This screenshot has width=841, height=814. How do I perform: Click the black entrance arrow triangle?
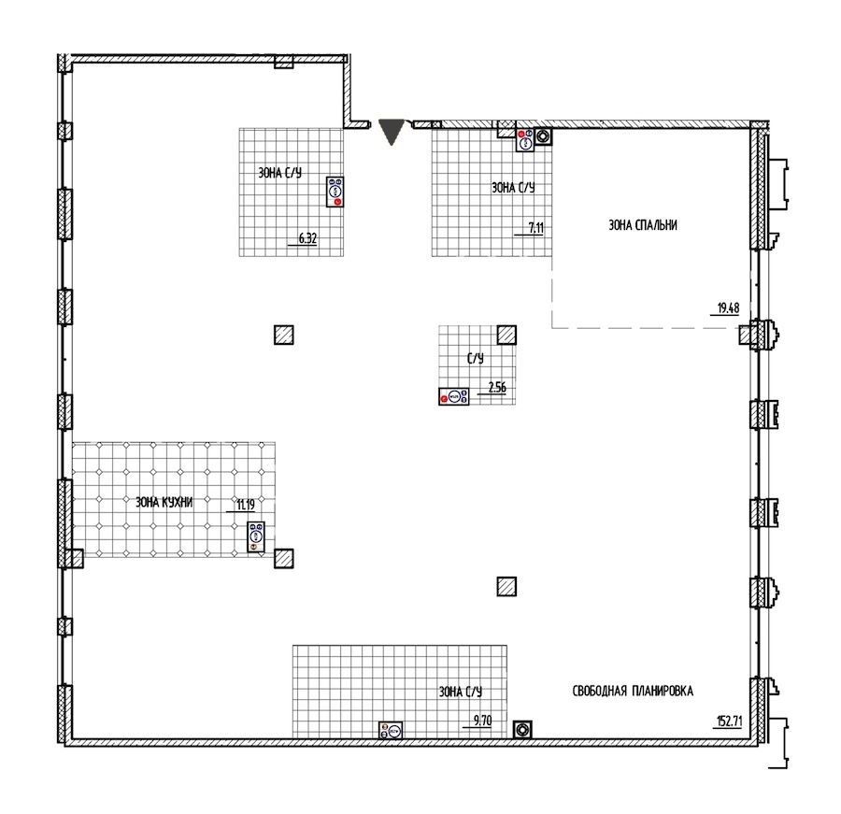[x=391, y=132]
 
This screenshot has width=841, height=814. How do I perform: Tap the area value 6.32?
[x=307, y=239]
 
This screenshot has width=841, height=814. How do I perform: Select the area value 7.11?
[x=535, y=228]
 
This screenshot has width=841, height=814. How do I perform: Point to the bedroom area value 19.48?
[x=728, y=308]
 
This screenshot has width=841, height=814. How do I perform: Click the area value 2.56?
[x=497, y=387]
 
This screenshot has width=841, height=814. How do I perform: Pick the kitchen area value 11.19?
[x=246, y=505]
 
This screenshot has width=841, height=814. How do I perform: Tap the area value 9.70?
[x=483, y=721]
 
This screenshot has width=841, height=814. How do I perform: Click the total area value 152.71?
[x=730, y=721]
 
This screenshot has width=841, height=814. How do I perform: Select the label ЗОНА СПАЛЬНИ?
[x=643, y=225]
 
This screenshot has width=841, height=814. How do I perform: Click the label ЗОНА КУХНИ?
[x=164, y=502]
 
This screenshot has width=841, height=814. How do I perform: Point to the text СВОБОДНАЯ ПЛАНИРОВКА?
[x=633, y=691]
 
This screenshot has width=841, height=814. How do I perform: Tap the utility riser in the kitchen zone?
[x=256, y=536]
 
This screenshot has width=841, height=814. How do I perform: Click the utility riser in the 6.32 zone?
[x=335, y=192]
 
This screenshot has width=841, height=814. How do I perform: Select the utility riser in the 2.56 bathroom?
[x=454, y=396]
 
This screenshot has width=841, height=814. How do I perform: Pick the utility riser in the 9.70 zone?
[x=391, y=730]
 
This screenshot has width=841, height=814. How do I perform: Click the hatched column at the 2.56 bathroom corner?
[x=506, y=335]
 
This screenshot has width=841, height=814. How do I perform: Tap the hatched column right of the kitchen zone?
[x=284, y=559]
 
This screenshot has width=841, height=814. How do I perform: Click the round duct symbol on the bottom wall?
[x=522, y=730]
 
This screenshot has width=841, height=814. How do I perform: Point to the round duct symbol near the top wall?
[x=544, y=136]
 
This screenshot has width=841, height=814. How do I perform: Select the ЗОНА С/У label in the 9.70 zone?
[x=460, y=693]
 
